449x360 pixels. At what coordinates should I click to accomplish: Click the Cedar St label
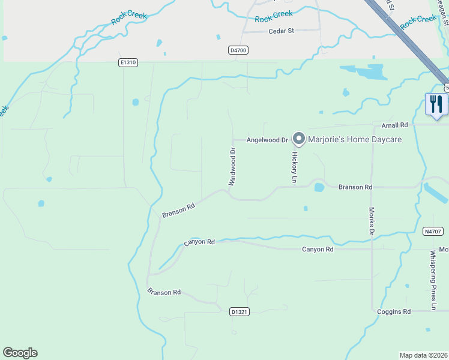click(x=281, y=31)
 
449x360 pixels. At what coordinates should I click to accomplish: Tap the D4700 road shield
click(x=238, y=51)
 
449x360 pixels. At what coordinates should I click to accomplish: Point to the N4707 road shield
click(x=432, y=231)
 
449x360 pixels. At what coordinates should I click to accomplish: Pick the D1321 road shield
click(x=239, y=312)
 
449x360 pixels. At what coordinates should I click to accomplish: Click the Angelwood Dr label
click(x=268, y=140)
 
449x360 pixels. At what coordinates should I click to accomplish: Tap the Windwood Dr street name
click(x=233, y=166)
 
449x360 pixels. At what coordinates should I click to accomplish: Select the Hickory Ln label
click(x=295, y=168)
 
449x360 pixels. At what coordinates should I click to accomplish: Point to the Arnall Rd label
click(x=394, y=125)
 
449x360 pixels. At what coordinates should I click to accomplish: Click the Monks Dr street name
click(x=372, y=221)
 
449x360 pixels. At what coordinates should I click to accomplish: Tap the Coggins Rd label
click(x=394, y=311)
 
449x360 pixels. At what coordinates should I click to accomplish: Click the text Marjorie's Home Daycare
click(x=355, y=140)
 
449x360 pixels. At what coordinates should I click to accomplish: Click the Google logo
click(x=20, y=353)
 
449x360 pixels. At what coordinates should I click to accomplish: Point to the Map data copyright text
click(x=423, y=355)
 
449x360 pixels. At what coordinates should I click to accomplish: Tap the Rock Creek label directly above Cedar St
click(x=274, y=17)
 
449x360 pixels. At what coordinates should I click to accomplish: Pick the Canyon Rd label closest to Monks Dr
click(x=318, y=249)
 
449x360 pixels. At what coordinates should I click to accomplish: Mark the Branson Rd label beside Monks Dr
click(x=351, y=187)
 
